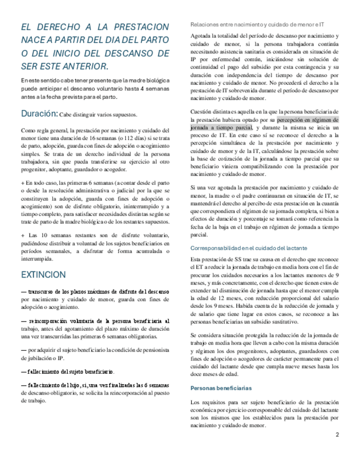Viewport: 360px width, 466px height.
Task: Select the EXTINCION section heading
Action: click(43, 274)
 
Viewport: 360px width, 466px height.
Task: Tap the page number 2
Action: click(337, 435)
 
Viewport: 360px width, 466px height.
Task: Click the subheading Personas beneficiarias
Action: click(220, 388)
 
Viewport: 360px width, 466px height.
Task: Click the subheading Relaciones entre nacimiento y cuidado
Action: click(256, 25)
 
